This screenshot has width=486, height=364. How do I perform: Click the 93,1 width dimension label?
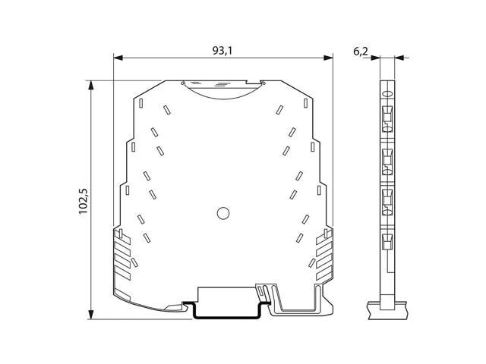pos(222,51)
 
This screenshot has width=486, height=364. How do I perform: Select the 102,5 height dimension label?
pos(83,202)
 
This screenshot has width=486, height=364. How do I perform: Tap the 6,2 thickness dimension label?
pos(361,51)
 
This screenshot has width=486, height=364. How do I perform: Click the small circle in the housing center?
pos(223,213)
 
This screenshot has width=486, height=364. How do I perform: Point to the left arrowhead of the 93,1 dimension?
pos(118,58)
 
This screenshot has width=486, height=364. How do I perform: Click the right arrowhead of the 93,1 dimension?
pos(328,58)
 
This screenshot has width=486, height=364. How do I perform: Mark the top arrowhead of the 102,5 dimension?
pos(91,85)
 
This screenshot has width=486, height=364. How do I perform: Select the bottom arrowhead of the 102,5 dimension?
pos(91,315)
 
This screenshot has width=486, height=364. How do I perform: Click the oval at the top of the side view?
pos(387,94)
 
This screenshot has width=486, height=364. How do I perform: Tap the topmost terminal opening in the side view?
pos(387,119)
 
